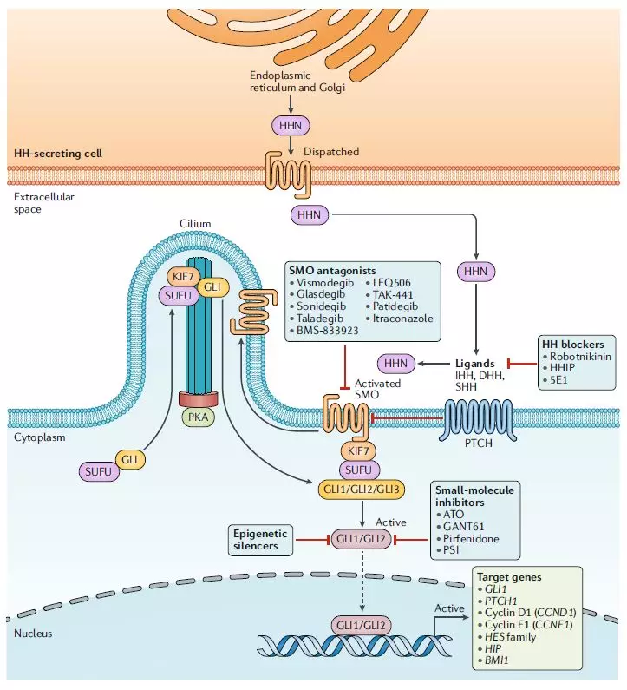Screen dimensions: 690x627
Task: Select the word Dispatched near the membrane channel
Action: pos(330,151)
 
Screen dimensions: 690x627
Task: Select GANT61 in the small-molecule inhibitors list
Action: pos(462,526)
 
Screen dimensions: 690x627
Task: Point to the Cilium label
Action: pos(195,224)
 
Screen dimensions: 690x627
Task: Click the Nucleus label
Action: pos(33,634)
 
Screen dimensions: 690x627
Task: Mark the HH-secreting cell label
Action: pos(57,154)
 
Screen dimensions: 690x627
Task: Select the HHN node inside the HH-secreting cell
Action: pos(290,126)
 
